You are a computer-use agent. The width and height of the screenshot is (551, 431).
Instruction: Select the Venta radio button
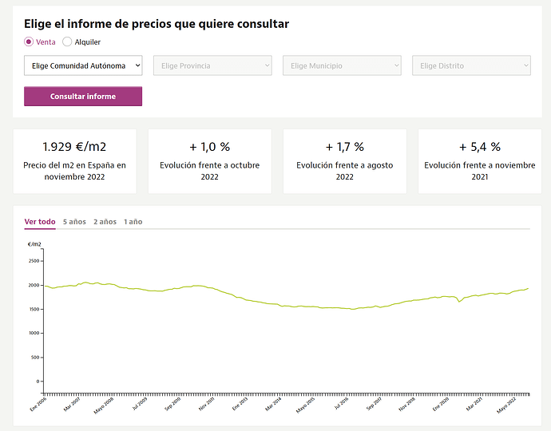click(x=29, y=42)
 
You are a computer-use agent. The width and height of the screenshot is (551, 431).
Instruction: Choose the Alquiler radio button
click(x=67, y=42)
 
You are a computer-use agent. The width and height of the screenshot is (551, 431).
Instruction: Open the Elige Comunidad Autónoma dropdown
click(x=83, y=65)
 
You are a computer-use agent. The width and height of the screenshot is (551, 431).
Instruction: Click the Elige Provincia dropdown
click(x=212, y=65)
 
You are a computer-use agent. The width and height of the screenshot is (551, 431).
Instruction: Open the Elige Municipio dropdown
click(x=342, y=65)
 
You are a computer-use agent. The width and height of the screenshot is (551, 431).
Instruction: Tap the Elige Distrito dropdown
click(x=471, y=65)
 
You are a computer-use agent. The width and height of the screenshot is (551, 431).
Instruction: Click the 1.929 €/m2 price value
click(x=74, y=147)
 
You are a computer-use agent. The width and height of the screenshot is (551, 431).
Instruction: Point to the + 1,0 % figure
click(x=209, y=147)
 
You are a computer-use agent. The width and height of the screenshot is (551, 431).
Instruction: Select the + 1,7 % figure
click(x=344, y=147)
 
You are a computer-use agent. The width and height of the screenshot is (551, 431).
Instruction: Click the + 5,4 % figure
click(x=479, y=147)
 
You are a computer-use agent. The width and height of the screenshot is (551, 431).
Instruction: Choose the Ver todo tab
click(x=40, y=221)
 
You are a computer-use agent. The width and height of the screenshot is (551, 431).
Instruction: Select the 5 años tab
click(x=74, y=221)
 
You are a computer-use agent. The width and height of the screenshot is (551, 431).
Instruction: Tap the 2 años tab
click(x=105, y=221)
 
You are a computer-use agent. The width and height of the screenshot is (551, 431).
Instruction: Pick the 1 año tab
click(x=133, y=221)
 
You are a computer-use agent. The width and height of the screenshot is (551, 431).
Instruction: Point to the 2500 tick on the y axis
click(x=34, y=261)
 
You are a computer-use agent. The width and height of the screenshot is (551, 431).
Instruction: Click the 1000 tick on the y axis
click(x=34, y=333)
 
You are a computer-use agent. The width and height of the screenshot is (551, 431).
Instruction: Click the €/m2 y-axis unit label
click(x=34, y=244)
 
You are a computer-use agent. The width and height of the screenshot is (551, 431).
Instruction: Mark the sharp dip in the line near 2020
click(x=459, y=302)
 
